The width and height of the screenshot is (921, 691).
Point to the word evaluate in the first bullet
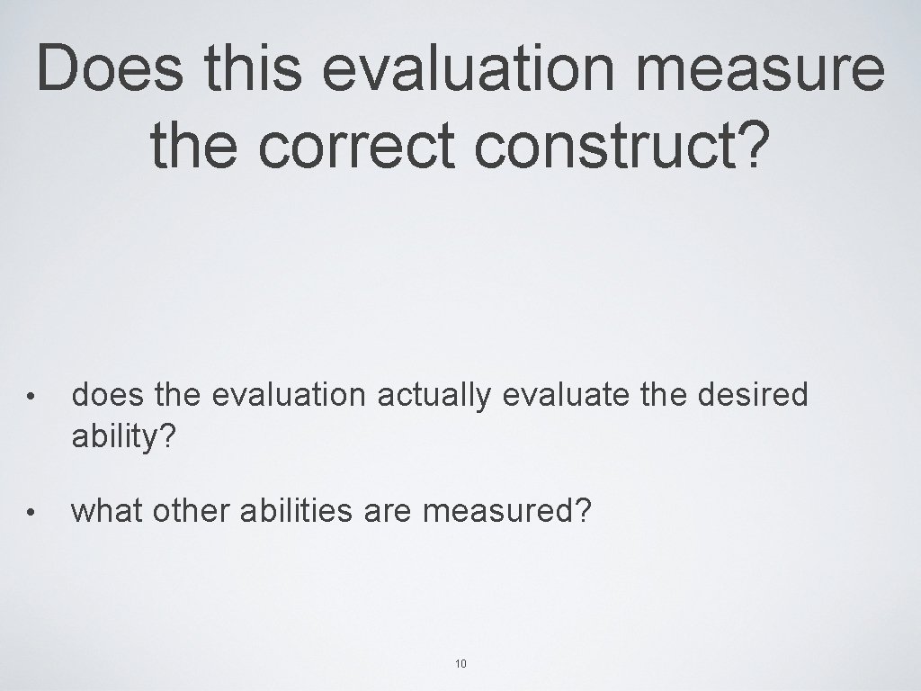[x=559, y=394]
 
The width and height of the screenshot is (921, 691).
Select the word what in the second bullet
[x=108, y=511]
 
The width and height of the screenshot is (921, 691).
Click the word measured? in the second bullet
[x=507, y=511]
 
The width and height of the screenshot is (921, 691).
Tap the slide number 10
[x=460, y=664]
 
